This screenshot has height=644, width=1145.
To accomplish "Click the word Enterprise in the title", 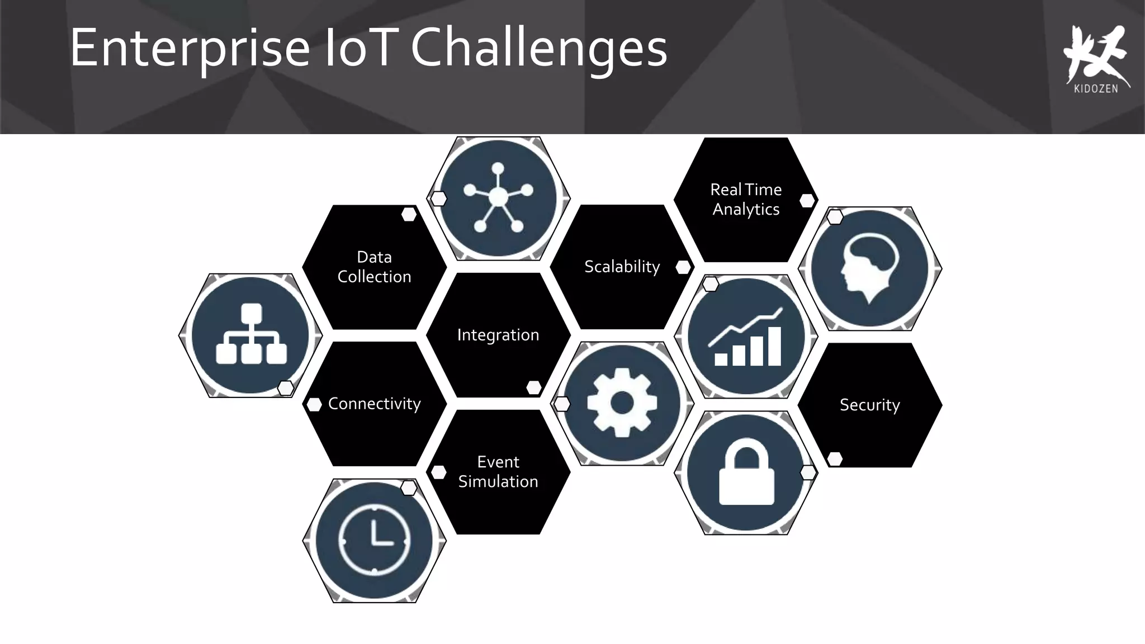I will point(190,49).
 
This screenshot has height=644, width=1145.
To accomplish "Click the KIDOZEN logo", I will point(1096,59).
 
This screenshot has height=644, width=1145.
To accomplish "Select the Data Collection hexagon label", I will point(374,267).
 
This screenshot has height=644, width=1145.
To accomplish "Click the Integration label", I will point(498,335).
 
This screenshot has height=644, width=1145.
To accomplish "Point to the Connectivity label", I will point(374,404).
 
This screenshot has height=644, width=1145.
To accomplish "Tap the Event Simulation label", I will point(498,472).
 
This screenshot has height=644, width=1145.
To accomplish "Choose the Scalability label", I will point(622,267).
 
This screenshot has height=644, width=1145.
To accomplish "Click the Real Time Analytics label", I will point(746,199).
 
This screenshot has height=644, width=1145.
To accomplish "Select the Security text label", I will point(869,405).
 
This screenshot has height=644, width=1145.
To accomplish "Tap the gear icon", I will point(622,403).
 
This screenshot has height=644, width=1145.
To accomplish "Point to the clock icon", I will point(374,541).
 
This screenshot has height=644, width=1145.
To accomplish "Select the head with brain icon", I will point(869,268).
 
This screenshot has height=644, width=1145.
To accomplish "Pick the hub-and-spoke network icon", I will point(498,198).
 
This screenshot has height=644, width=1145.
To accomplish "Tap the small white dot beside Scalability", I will point(683,267).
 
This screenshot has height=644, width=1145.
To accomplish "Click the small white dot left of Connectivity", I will point(314,405).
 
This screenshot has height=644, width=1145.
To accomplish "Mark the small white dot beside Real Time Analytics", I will point(807,201).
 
